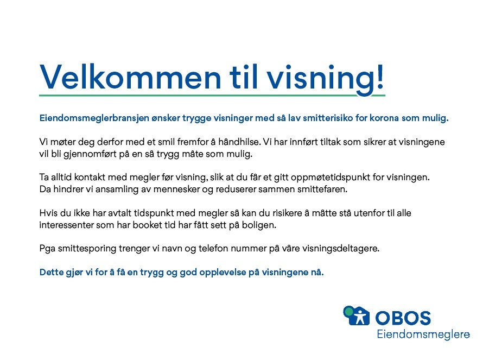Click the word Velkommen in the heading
point(130,77)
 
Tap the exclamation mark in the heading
point(379,76)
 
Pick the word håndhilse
point(239,142)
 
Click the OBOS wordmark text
point(403,318)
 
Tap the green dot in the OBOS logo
point(350,311)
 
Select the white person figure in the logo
point(360,317)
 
